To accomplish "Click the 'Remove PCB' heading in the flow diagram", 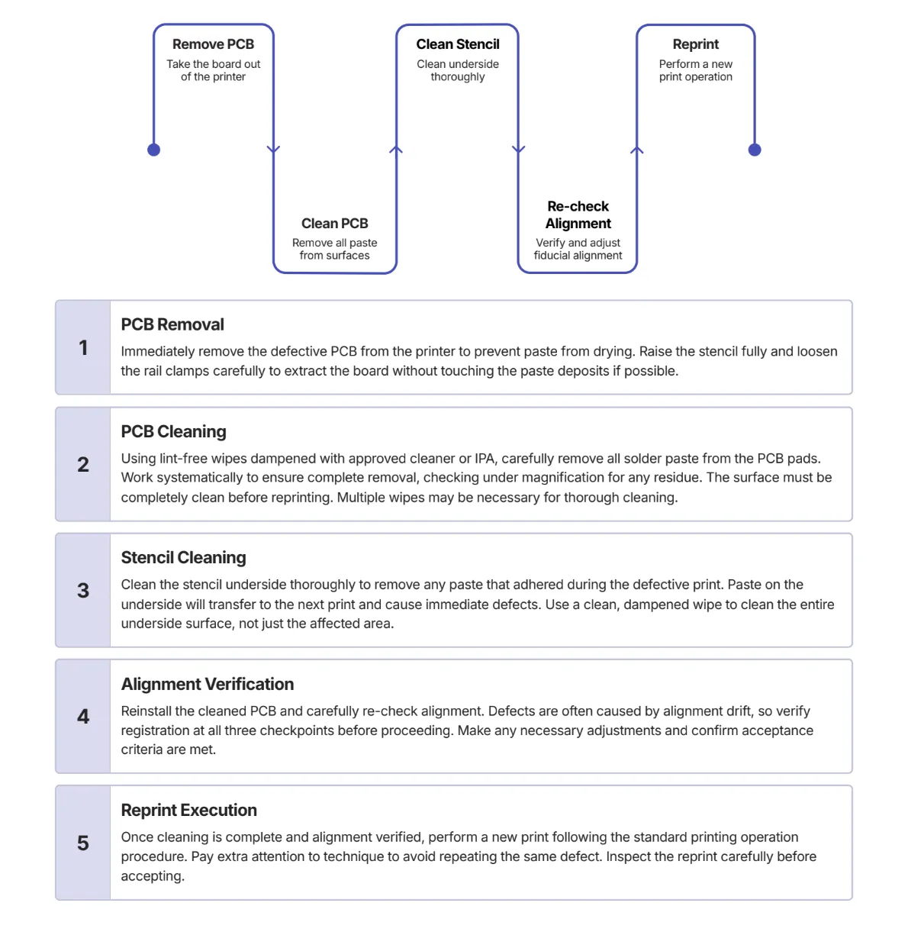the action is click(x=213, y=44).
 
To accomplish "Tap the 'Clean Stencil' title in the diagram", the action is click(x=457, y=44).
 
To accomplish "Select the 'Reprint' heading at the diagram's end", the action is click(x=695, y=44).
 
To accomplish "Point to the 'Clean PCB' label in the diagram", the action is click(x=334, y=223).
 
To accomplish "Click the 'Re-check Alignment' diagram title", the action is click(x=578, y=214).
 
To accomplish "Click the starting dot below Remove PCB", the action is click(x=154, y=150).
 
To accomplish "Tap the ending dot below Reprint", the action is click(x=754, y=150).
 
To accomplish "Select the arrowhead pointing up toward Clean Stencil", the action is click(x=396, y=149).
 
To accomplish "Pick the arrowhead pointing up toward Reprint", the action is click(x=636, y=150).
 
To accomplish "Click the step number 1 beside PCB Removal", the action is click(x=83, y=347).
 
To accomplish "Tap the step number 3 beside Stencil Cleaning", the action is click(x=83, y=590).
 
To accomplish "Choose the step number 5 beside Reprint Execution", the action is click(x=83, y=843).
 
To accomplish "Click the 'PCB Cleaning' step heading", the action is click(x=173, y=431).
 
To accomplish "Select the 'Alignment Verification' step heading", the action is click(x=208, y=684).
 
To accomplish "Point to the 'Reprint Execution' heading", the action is click(x=189, y=810).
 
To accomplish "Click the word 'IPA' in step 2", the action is click(x=485, y=459).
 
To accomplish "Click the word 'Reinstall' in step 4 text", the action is click(x=146, y=711).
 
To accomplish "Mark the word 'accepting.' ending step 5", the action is click(x=153, y=876).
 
